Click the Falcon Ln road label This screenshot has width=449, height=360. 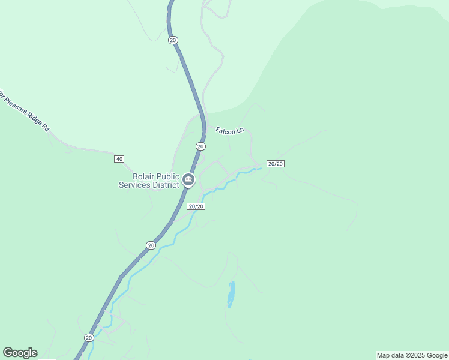[x=231, y=130]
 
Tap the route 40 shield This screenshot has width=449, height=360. [x=119, y=159]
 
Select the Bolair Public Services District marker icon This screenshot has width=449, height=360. [x=188, y=179]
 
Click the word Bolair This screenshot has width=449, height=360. [x=143, y=176]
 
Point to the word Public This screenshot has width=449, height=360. [x=168, y=176]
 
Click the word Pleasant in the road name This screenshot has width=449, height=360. [x=19, y=108]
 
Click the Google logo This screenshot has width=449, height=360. [x=20, y=353]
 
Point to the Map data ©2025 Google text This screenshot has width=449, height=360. [x=412, y=355]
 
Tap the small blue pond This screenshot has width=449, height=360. [x=231, y=295]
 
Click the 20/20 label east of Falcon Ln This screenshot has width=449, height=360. [x=275, y=164]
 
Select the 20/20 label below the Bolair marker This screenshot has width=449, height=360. [x=196, y=206]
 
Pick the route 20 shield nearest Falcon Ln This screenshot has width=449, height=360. [x=200, y=146]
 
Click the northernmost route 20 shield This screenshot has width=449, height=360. [x=173, y=40]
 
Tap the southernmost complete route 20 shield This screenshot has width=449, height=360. [x=89, y=338]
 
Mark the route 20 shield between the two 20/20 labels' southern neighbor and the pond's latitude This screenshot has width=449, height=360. [x=150, y=245]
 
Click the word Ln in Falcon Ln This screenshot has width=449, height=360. [x=240, y=131]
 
